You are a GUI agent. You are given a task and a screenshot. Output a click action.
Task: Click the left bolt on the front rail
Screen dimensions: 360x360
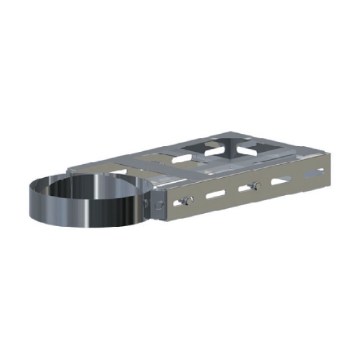(188, 199)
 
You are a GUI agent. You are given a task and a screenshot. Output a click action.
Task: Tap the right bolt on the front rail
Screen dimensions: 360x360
(253, 186)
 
